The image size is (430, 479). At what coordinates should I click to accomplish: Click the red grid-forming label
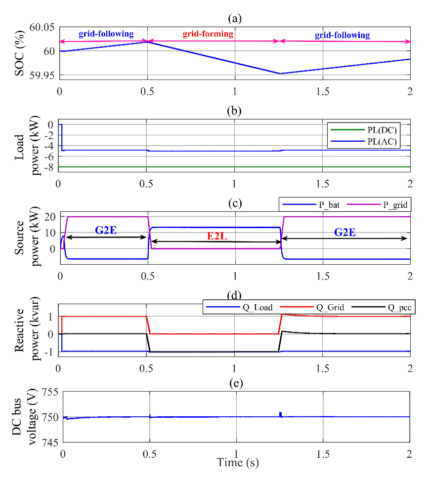pyautogui.click(x=208, y=35)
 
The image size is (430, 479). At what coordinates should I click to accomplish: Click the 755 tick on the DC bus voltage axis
pyautogui.click(x=48, y=393)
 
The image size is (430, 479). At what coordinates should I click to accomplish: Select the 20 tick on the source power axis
pyautogui.click(x=48, y=216)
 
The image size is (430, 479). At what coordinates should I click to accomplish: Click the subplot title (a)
pyautogui.click(x=234, y=18)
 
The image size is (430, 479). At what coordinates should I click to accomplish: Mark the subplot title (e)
pyautogui.click(x=234, y=383)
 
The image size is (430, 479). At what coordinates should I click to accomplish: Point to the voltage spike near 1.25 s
pyautogui.click(x=280, y=414)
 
